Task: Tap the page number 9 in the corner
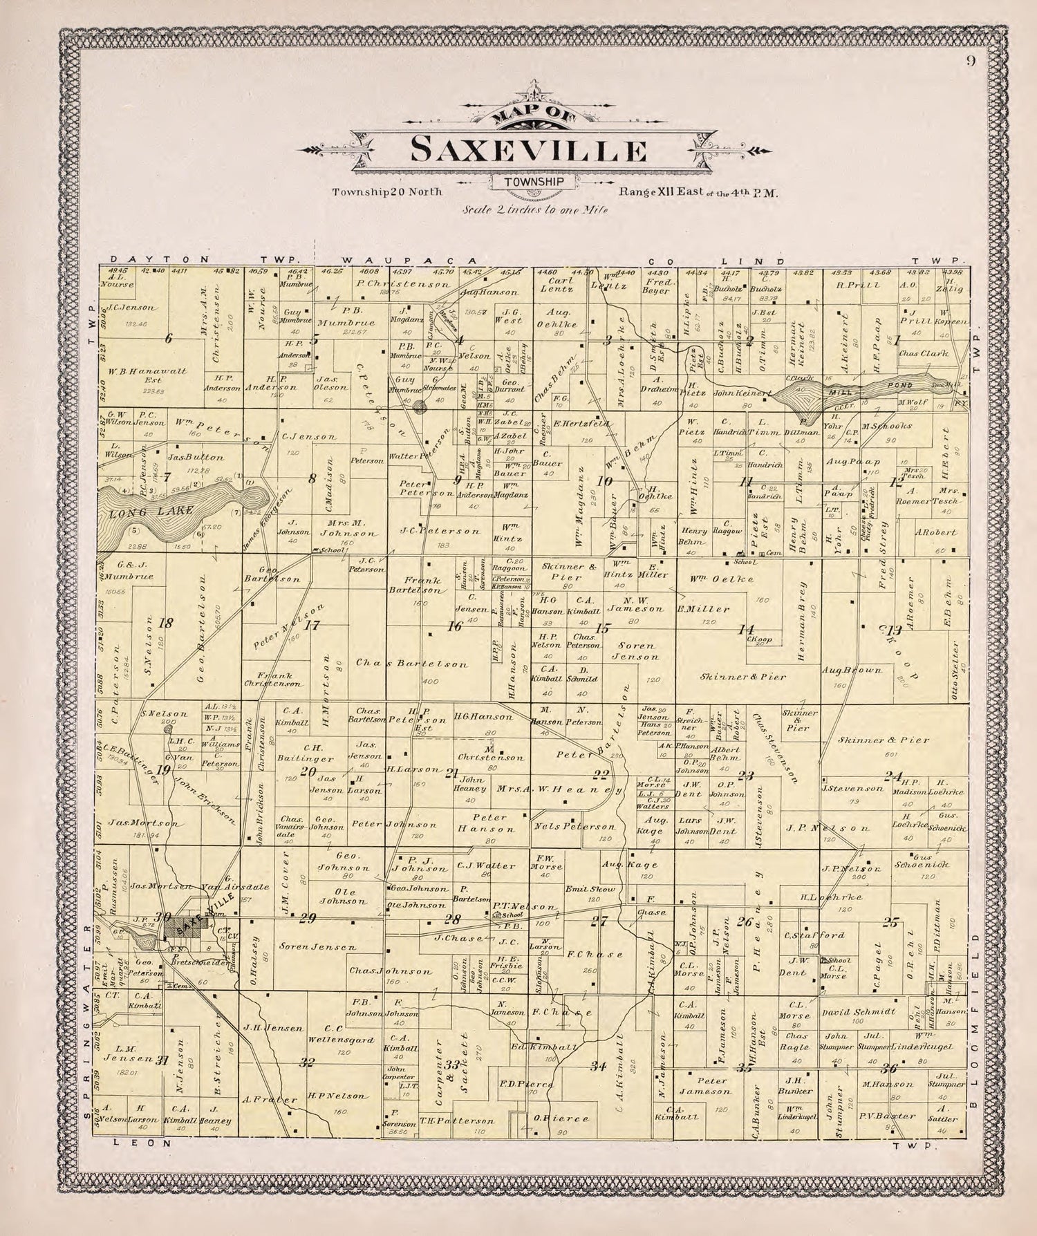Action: click(971, 60)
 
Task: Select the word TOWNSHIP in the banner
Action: click(530, 182)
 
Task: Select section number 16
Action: click(454, 627)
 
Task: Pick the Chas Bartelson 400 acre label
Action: click(411, 664)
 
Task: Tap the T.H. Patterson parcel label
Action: click(457, 1121)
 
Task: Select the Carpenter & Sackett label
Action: click(460, 1068)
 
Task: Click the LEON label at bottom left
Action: click(142, 1144)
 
